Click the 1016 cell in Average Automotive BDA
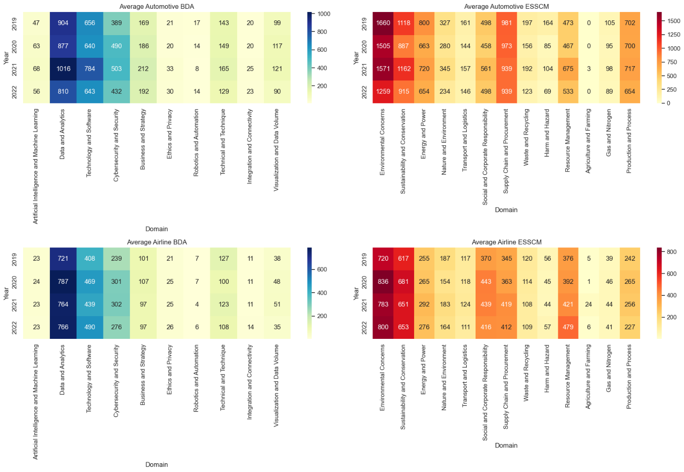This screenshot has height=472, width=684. tap(63, 69)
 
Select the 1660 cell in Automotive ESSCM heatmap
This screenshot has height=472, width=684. tap(383, 23)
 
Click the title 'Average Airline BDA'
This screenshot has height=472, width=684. tap(157, 242)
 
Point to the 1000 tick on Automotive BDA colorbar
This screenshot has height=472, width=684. tap(324, 14)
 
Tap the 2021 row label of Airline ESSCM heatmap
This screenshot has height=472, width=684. tap(364, 305)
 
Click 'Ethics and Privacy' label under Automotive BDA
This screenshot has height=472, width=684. tap(170, 134)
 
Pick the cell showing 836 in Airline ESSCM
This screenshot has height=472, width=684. tap(383, 282)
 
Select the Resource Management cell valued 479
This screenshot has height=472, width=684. tap(568, 327)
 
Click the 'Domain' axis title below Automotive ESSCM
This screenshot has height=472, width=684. tap(506, 210)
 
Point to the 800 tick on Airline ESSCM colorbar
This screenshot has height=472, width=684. tap(672, 252)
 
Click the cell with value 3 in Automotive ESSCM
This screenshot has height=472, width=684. tap(589, 69)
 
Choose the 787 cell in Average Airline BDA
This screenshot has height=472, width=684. tap(63, 282)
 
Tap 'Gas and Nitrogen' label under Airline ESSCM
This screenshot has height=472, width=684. tap(609, 368)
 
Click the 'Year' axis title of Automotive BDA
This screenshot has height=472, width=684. tap(6, 58)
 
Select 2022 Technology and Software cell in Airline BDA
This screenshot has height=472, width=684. tap(90, 327)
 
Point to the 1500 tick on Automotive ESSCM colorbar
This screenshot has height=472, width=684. tap(673, 21)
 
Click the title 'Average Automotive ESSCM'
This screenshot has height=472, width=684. tap(507, 6)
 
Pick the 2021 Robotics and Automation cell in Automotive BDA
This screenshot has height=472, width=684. tap(197, 69)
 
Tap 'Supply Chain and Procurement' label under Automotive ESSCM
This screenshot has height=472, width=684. tap(506, 151)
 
